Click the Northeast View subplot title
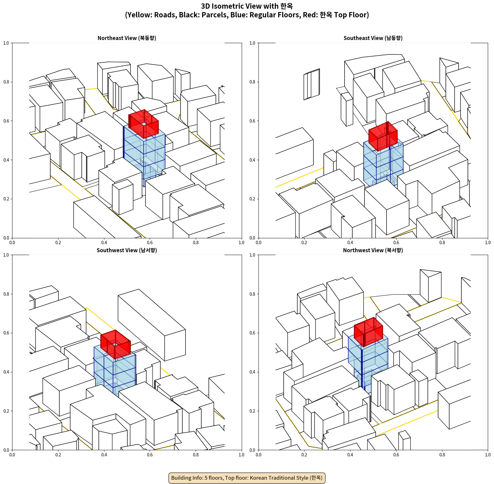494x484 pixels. coord(127,38)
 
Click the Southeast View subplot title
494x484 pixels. coord(373,38)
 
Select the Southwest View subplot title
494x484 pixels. coord(127,250)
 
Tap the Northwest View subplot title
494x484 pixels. coord(373,250)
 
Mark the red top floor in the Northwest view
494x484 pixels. coord(368,332)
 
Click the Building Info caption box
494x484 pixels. coord(247,478)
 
